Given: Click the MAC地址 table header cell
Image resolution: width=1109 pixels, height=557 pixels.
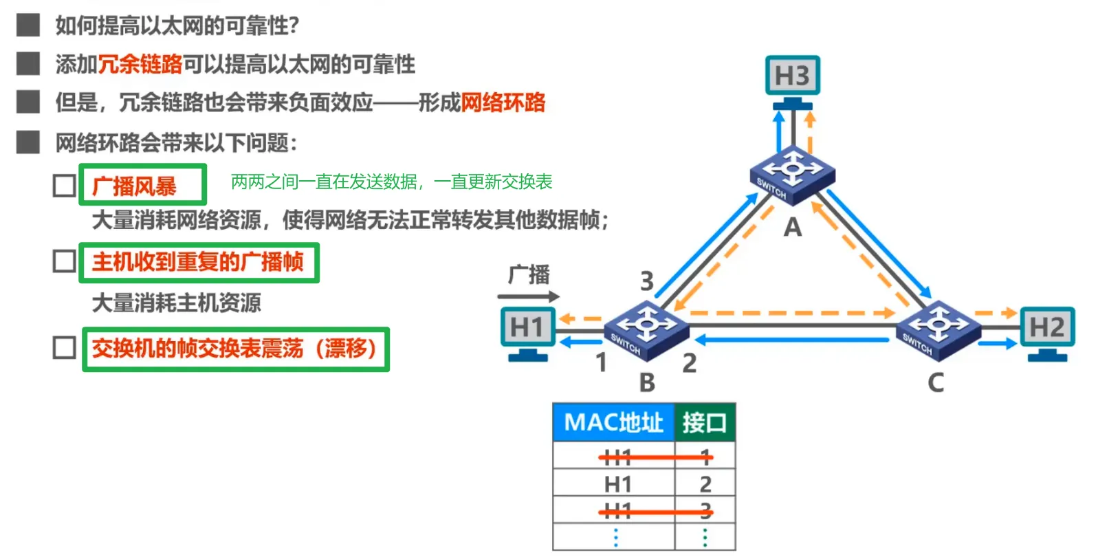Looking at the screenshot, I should point(613,422).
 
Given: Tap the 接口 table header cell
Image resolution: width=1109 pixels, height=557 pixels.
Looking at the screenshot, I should point(705,422).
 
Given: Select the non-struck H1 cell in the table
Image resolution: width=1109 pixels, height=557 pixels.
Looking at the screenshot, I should point(617,485).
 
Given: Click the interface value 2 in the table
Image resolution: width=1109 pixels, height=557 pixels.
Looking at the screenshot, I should point(705,485).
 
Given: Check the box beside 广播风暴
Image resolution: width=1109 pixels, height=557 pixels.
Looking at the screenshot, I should point(65,186).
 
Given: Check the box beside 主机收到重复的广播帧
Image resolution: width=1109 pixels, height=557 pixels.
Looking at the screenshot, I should point(65,261).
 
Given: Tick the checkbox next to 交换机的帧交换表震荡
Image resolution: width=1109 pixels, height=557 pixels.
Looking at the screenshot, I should point(65,348).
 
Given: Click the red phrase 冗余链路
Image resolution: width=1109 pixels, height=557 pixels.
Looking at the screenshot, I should point(140,65).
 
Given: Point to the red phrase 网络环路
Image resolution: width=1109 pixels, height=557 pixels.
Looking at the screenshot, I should point(503,103).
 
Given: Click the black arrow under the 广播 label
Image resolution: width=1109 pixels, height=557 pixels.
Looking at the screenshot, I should point(528,297).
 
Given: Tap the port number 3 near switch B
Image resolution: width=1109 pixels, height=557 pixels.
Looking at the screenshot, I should point(647,281).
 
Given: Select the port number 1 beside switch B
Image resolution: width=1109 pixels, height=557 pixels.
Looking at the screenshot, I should point(602,362).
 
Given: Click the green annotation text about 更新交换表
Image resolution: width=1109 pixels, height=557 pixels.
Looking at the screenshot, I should point(391,182).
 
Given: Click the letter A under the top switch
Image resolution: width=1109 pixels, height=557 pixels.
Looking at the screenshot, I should point(793,228).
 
